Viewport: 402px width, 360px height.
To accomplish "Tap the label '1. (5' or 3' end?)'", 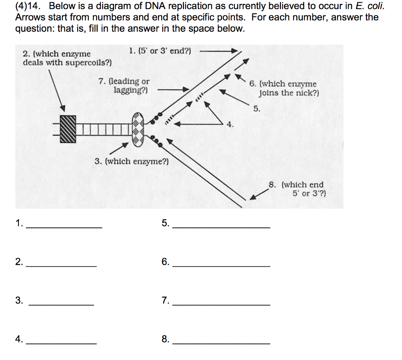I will (160, 51).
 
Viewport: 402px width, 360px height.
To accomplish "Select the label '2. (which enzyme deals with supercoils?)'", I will (67, 58).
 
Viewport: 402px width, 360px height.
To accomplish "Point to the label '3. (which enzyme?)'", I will (132, 161).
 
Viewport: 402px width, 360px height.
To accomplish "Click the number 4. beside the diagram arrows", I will (230, 125).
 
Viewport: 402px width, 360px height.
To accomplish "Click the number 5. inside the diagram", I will (256, 109).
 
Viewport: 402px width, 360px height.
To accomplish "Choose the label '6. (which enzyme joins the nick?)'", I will (289, 89).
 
